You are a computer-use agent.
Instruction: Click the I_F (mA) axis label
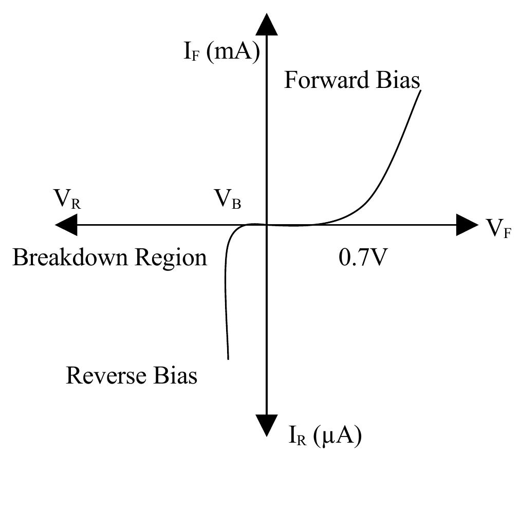point(221,53)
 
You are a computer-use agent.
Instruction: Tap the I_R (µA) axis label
point(325,436)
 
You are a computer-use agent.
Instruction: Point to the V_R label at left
point(67,200)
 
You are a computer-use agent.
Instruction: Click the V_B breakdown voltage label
point(227,200)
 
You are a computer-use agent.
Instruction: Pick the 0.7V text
point(362,257)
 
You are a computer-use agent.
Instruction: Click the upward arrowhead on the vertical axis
point(267,25)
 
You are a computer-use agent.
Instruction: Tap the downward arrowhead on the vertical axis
point(267,425)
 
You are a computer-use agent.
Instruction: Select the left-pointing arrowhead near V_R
point(66,225)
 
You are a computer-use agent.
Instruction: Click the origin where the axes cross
point(267,225)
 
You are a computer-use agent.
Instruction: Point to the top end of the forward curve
point(420,91)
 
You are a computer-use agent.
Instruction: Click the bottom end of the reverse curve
point(228,358)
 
